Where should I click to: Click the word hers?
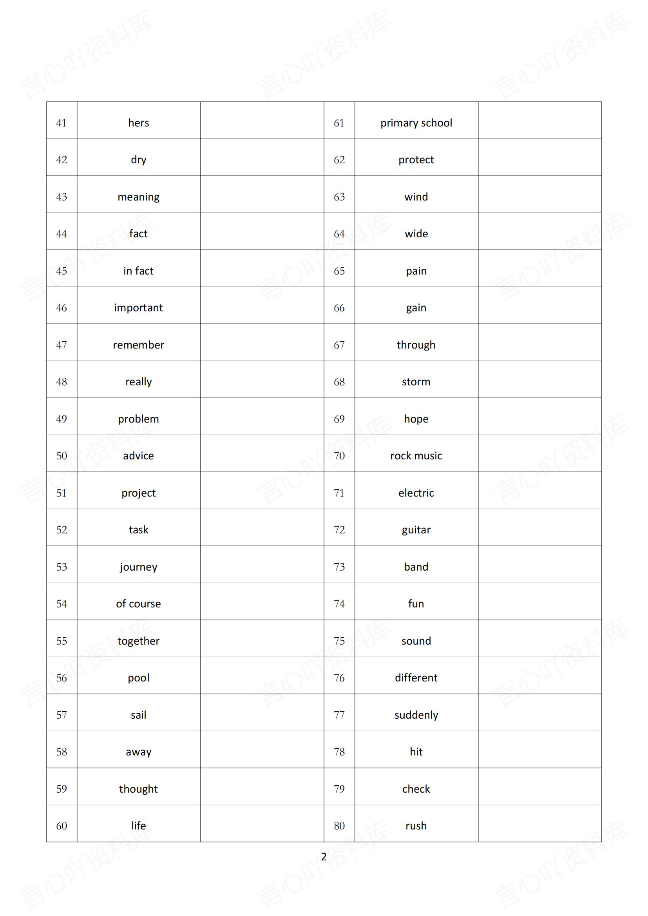click(138, 123)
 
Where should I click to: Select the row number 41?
click(62, 123)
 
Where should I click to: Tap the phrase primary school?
click(416, 123)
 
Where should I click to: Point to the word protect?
click(416, 159)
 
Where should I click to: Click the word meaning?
click(138, 197)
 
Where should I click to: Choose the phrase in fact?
click(138, 271)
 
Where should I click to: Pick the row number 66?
click(339, 308)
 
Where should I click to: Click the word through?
click(416, 345)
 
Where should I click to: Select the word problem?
click(138, 419)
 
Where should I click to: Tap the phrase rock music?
click(416, 455)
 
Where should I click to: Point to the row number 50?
click(62, 455)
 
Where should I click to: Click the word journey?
click(138, 567)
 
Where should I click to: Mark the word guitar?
click(416, 530)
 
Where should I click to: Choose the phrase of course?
click(138, 603)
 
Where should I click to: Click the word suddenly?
click(416, 715)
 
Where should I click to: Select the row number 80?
click(339, 826)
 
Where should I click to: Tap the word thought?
click(138, 789)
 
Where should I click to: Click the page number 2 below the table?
click(324, 856)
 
